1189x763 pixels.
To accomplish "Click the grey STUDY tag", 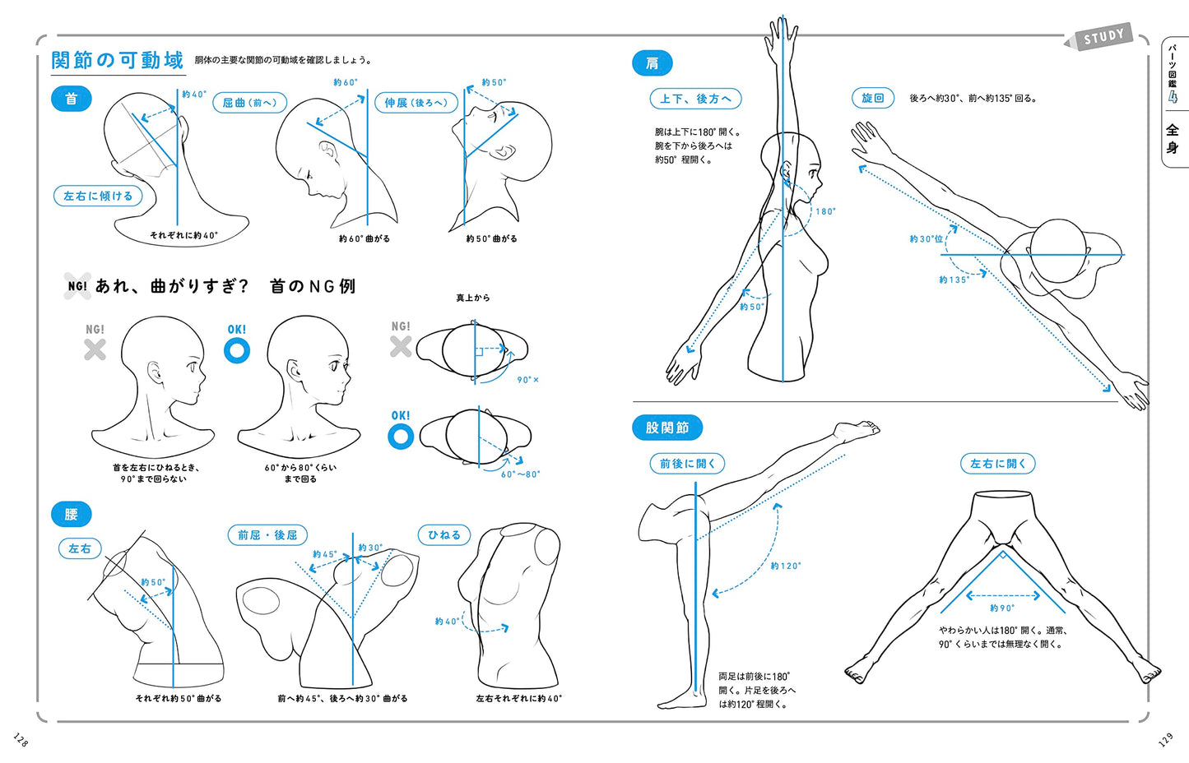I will [x=1103, y=37].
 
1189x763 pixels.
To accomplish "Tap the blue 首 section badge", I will [x=72, y=99].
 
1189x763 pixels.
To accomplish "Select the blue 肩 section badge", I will [x=652, y=63].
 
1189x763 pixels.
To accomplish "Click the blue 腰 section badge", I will [x=72, y=514].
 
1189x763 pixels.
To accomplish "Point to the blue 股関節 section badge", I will [x=666, y=428].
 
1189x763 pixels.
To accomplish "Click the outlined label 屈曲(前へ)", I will [x=250, y=103].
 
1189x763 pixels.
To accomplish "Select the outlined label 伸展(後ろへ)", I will [x=416, y=103].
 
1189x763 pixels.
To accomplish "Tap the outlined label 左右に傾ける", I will [x=98, y=196].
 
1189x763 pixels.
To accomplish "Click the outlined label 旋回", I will [x=872, y=98].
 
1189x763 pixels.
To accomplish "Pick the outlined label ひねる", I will [x=444, y=534].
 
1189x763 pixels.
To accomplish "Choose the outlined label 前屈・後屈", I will [x=267, y=535].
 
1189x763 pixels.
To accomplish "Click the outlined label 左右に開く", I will [x=997, y=464].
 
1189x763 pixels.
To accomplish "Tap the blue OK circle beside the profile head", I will [x=237, y=351].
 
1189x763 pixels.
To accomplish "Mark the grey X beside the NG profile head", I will [x=95, y=350].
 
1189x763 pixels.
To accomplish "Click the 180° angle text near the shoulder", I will [x=825, y=211].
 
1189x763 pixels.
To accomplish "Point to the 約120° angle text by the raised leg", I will [x=785, y=566].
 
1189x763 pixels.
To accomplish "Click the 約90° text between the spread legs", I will [x=1002, y=608].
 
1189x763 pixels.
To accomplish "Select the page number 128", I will [x=21, y=740].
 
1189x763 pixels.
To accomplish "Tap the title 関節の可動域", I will [x=117, y=60].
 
